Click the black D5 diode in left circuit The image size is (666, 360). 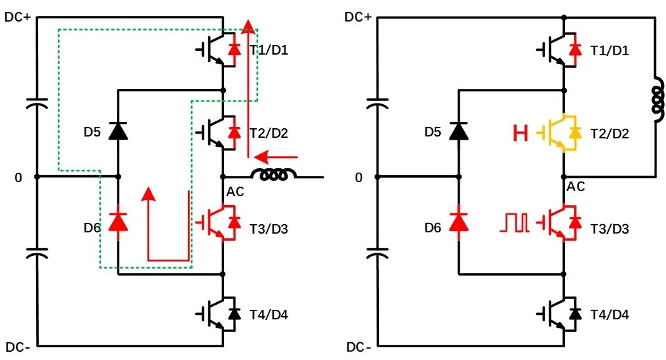coord(117,131)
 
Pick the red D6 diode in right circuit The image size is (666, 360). coord(458,221)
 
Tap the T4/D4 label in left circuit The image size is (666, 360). coord(269,314)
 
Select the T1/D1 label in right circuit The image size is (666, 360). coord(609,50)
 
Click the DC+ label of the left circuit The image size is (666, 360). coord(18,17)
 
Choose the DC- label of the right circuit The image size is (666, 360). coord(359,347)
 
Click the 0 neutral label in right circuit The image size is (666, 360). coord(359,178)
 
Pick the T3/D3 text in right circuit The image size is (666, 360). coord(609,228)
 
